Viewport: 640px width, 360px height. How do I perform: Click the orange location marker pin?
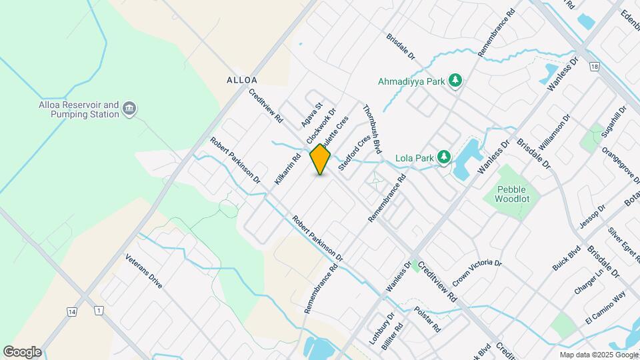coord(320,159)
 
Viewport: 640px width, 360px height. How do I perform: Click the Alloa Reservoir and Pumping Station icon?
coord(130,109)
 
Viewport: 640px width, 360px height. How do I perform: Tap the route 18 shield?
coord(594,67)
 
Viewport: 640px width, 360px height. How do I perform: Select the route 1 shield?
coord(99,311)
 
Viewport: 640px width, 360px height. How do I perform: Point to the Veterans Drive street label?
coord(143,271)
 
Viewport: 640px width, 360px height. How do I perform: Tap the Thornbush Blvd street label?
coord(372,129)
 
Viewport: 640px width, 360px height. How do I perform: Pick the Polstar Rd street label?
coord(427,320)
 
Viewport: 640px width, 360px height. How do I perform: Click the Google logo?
coord(22,351)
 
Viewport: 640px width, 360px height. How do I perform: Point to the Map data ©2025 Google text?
coord(598,355)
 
